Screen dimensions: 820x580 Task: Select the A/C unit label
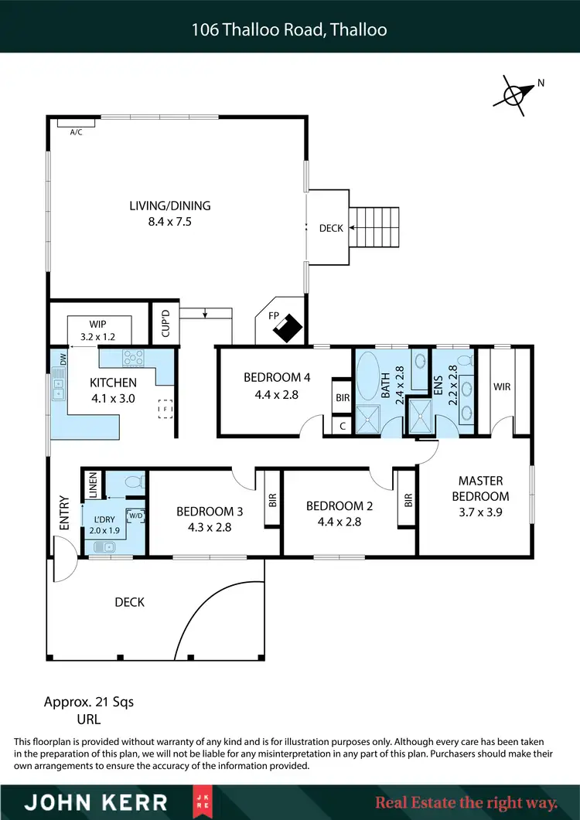(x=77, y=132)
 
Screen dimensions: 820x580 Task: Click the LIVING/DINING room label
(x=170, y=206)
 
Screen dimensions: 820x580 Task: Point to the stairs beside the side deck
(x=375, y=227)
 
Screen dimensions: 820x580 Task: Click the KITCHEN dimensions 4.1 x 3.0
(x=113, y=398)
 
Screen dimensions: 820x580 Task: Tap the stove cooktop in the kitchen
(x=134, y=358)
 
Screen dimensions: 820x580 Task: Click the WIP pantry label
(x=97, y=325)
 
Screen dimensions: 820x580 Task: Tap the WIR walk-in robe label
(x=502, y=386)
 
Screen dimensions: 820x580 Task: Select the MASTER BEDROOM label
(x=480, y=488)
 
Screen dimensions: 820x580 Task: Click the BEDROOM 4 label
(x=277, y=377)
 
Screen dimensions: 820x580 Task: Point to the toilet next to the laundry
(x=134, y=481)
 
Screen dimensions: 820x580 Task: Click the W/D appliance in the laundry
(x=135, y=515)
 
